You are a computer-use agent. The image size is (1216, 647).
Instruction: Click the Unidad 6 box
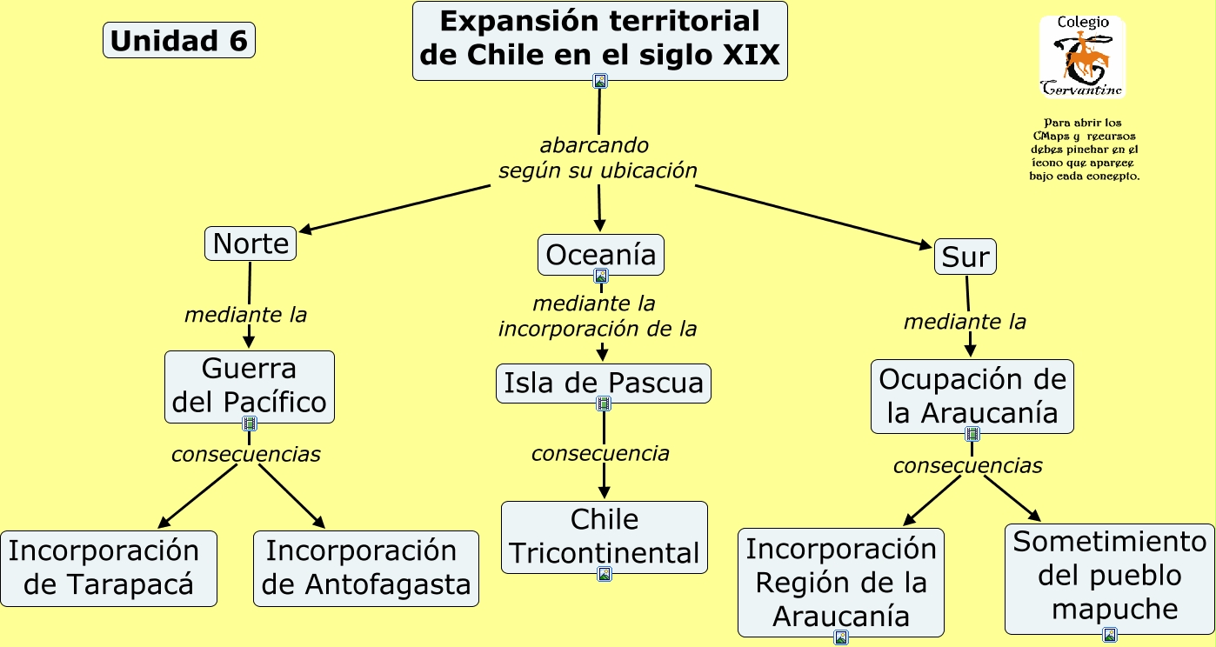click(x=179, y=41)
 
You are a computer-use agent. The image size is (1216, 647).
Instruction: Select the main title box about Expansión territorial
click(x=599, y=39)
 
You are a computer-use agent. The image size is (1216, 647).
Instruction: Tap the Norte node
click(x=251, y=243)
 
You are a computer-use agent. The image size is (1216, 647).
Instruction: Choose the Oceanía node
click(x=600, y=254)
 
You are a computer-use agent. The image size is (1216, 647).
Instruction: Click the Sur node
click(x=965, y=257)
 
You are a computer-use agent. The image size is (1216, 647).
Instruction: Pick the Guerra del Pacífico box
click(x=250, y=386)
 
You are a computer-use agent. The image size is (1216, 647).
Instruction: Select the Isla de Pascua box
click(x=603, y=383)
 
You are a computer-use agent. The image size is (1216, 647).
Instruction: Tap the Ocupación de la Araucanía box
click(x=972, y=396)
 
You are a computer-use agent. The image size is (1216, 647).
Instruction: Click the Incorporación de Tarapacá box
click(x=108, y=568)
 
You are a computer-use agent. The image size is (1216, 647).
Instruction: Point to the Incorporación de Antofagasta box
click(x=366, y=568)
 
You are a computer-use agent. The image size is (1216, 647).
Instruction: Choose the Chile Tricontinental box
click(x=605, y=536)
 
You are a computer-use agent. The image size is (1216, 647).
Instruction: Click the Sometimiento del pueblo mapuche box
click(x=1109, y=576)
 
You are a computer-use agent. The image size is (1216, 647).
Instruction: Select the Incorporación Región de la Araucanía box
click(x=841, y=582)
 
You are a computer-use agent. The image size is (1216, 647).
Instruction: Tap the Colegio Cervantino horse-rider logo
click(x=1082, y=57)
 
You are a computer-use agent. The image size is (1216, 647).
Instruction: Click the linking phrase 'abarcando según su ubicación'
click(x=598, y=158)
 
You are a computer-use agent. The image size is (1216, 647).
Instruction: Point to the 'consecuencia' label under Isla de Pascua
click(x=600, y=453)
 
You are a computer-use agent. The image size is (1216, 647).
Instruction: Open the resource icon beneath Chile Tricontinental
click(x=605, y=574)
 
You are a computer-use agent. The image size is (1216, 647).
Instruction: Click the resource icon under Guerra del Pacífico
click(x=250, y=424)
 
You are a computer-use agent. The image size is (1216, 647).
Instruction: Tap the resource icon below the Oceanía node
click(x=600, y=277)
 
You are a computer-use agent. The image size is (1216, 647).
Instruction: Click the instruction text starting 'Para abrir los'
click(x=1084, y=150)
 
